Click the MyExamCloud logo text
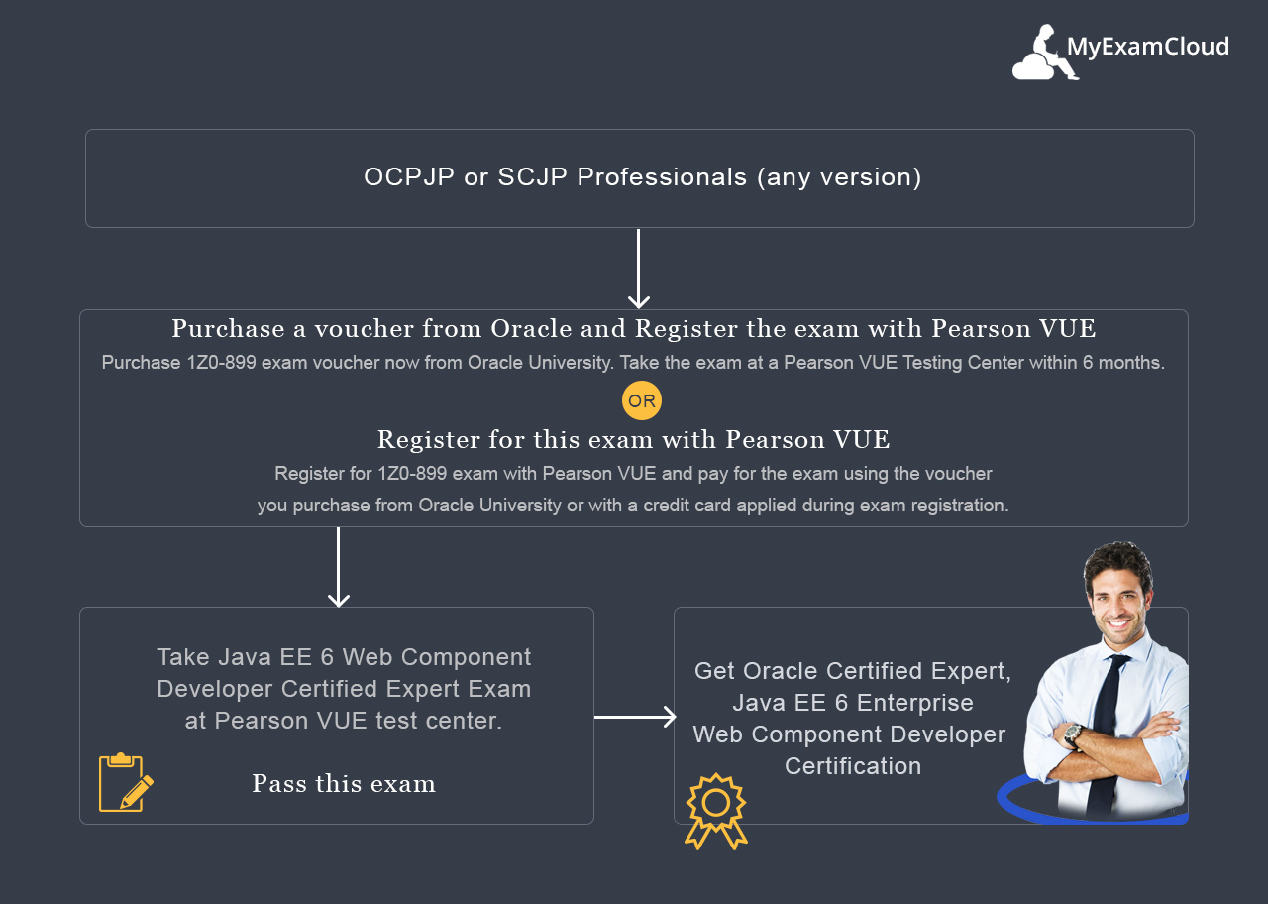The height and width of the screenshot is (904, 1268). click(x=1147, y=47)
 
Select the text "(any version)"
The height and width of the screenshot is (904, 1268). click(x=839, y=177)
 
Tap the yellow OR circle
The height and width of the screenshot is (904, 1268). click(x=642, y=401)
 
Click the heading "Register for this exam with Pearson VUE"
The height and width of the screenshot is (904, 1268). click(x=634, y=439)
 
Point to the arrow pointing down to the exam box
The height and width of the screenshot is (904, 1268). click(x=339, y=568)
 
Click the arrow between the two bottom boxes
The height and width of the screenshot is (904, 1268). click(x=635, y=717)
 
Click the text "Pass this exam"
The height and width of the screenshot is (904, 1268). click(x=344, y=784)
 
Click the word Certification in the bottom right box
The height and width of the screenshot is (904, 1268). click(x=853, y=766)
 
